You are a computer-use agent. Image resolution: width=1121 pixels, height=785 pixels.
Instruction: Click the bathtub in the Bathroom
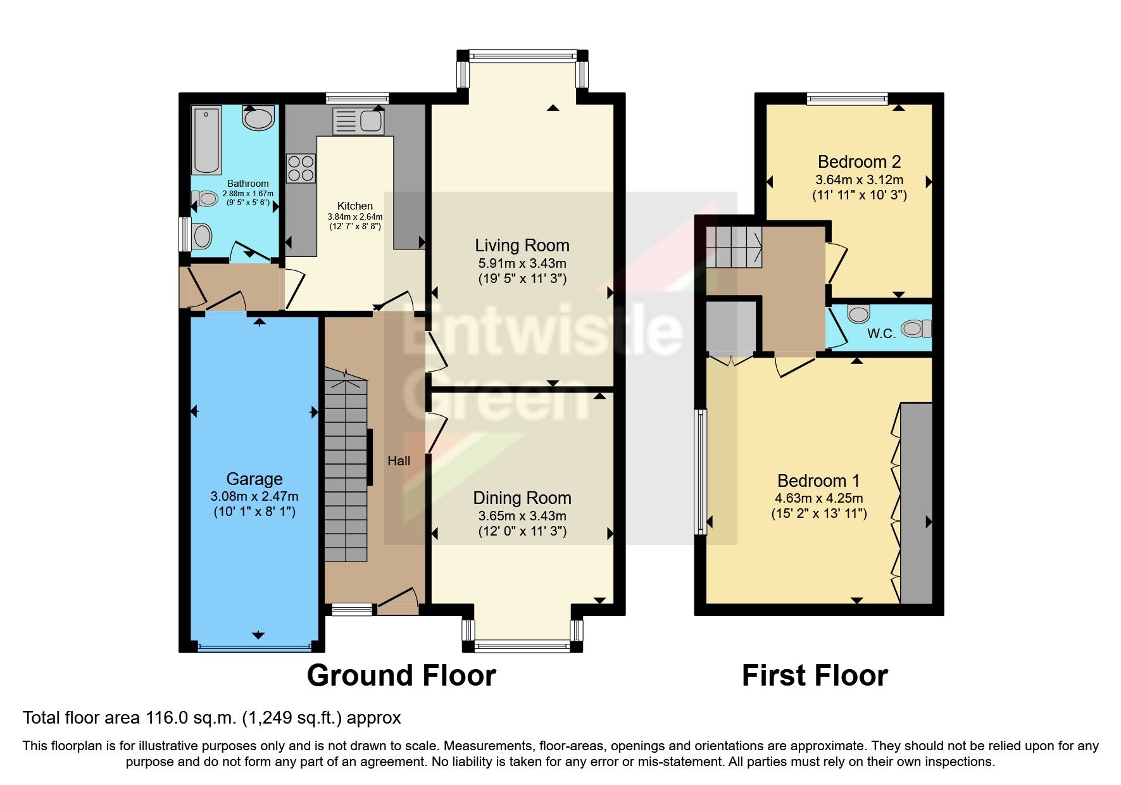pyautogui.click(x=207, y=141)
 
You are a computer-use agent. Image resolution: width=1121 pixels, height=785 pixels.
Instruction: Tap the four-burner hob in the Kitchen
pyautogui.click(x=301, y=168)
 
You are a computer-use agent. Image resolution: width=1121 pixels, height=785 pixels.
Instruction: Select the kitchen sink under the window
pyautogui.click(x=358, y=121)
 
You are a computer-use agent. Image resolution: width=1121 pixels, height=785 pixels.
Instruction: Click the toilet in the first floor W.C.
pyautogui.click(x=917, y=329)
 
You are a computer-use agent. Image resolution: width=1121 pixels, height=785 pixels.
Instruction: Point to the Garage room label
pyautogui.click(x=254, y=479)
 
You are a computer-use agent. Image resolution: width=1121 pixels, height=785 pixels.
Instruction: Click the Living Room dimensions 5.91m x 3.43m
pyautogui.click(x=522, y=263)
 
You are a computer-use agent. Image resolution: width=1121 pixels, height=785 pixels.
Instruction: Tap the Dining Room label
pyautogui.click(x=522, y=498)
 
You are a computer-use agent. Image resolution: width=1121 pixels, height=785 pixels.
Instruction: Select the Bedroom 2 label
pyautogui.click(x=859, y=162)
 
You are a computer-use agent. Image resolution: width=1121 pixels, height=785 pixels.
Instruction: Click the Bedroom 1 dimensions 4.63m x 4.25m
pyautogui.click(x=818, y=498)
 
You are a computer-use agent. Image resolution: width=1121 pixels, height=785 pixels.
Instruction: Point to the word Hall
pyautogui.click(x=399, y=461)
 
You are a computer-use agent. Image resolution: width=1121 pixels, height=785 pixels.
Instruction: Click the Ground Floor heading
pyautogui.click(x=401, y=675)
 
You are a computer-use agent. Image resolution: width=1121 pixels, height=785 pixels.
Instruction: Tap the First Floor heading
pyautogui.click(x=815, y=675)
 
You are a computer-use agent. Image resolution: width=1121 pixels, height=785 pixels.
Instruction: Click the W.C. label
pyautogui.click(x=881, y=334)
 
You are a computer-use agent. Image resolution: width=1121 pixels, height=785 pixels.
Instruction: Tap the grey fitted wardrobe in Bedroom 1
pyautogui.click(x=916, y=503)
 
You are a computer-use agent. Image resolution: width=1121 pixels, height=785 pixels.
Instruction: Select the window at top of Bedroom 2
pyautogui.click(x=847, y=98)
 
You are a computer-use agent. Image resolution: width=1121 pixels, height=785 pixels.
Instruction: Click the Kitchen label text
pyautogui.click(x=355, y=206)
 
